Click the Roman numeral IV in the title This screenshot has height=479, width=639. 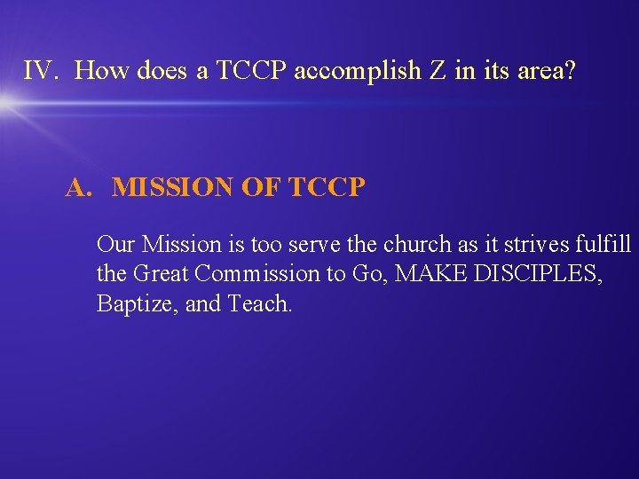39,71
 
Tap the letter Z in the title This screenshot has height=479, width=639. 438,71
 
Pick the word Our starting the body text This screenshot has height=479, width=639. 115,243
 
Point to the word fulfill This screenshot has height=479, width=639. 601,243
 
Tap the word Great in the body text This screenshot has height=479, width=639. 160,274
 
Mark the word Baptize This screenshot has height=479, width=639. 130,304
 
